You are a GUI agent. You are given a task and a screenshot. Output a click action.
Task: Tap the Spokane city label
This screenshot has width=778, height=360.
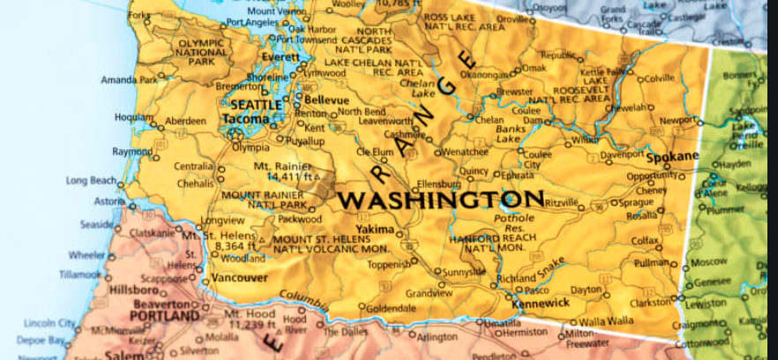(672, 156)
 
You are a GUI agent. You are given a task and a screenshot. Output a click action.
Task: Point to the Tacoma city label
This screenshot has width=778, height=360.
(246, 118)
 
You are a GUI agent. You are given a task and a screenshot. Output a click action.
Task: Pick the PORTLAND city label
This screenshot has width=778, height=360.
(165, 315)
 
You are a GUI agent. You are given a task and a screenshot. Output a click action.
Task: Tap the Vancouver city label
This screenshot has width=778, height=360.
(240, 277)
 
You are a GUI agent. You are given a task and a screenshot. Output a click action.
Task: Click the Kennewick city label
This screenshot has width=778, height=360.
(542, 302)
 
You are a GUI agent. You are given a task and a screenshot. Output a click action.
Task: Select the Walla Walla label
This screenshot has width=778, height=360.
(606, 321)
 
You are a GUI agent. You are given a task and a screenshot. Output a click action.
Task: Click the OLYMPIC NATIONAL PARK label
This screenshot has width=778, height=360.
(201, 52)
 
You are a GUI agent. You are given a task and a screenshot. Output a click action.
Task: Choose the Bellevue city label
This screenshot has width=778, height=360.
(326, 101)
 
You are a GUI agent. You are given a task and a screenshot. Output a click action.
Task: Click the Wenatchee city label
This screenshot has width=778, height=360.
(465, 152)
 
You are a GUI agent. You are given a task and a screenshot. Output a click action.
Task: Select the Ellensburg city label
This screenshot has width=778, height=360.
(438, 184)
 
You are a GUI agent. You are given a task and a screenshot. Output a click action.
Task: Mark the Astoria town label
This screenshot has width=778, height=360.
(108, 201)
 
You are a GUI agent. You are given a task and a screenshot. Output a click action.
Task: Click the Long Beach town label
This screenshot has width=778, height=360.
(91, 181)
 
